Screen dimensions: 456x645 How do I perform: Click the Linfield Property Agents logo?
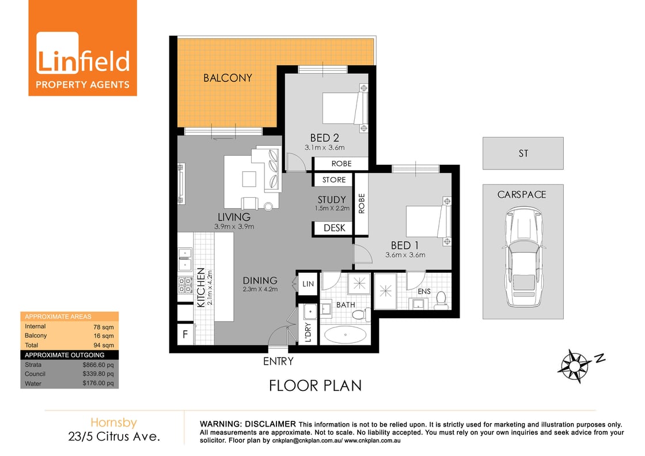pos(83,48)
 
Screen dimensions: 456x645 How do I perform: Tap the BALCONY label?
pos(227,78)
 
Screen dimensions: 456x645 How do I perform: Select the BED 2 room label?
pos(324,138)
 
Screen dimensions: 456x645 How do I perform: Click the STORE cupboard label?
pos(334,180)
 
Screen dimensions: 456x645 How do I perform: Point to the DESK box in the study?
pos(334,228)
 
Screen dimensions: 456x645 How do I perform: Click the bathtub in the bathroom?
pos(346,334)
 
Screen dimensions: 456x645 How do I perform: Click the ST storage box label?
pos(523,153)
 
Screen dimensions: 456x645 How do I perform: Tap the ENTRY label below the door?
pos(278,361)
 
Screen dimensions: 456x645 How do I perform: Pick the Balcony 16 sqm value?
pos(104,336)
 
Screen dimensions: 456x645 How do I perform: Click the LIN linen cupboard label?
pos(308,284)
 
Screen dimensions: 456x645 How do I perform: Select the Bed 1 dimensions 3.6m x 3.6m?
pos(405,255)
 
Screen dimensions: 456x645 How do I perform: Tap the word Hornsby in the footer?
pos(114,423)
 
